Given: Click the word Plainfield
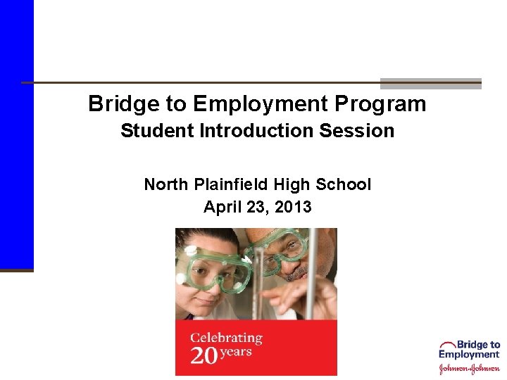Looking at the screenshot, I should [229, 184].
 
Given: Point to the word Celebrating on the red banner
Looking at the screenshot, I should [226, 338].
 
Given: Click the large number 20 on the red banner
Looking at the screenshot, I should [204, 355].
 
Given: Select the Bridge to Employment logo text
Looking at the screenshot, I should [470, 350].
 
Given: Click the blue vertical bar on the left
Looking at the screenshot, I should [16, 134].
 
